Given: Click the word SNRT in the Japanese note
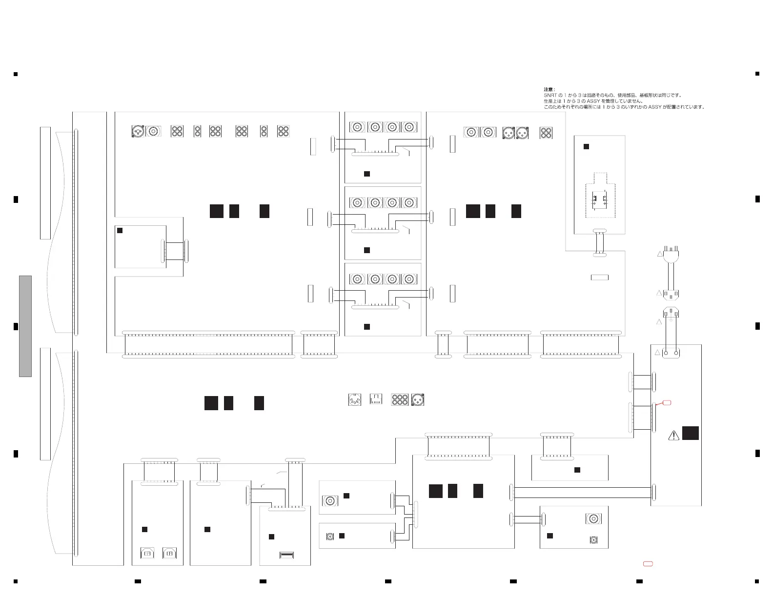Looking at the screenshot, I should [x=550, y=96].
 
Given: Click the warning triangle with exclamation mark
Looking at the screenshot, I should [x=674, y=435].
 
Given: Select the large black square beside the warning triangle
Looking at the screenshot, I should [x=690, y=433].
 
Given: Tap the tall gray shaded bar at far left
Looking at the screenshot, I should [x=25, y=326].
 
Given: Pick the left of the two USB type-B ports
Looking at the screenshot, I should [x=147, y=554].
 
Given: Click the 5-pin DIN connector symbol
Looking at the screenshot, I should [x=355, y=399].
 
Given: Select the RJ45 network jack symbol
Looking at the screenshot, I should [x=375, y=399].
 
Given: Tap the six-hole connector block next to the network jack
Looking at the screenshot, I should [x=400, y=399].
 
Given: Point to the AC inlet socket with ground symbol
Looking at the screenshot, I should [x=671, y=313].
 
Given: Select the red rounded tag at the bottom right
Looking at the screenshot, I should [x=648, y=564].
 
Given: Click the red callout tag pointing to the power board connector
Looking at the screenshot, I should [x=667, y=402].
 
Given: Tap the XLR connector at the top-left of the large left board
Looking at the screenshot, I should [x=138, y=131].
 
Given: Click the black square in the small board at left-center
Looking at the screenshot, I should [x=120, y=231].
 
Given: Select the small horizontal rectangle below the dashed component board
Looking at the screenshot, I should [x=599, y=278].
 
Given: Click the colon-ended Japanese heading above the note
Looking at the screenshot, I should [x=549, y=90].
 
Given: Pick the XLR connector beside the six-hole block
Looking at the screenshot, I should [x=418, y=399].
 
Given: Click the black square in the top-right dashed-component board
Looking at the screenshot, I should [x=587, y=146].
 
